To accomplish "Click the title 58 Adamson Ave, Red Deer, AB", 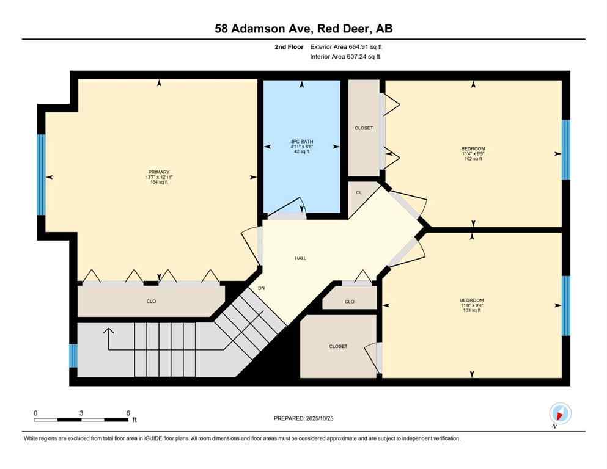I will (x=303, y=29).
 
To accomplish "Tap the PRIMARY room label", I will (x=158, y=172).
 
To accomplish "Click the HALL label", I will (x=300, y=258).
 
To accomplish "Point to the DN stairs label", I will (x=261, y=288).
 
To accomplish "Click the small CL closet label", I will (x=359, y=192).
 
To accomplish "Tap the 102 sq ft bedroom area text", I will (x=473, y=159).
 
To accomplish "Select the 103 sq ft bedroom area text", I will (x=471, y=310).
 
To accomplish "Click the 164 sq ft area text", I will (x=158, y=182).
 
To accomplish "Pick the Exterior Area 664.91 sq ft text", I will (x=346, y=46).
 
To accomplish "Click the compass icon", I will (x=560, y=413).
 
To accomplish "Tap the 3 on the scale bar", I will (x=81, y=413).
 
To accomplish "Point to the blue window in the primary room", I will (x=42, y=175).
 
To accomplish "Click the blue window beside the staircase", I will (x=73, y=355).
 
